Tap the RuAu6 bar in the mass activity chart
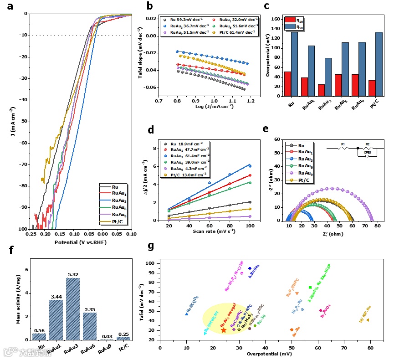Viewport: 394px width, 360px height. (x=90, y=326)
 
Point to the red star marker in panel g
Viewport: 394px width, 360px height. (x=224, y=330)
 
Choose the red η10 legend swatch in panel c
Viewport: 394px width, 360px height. (x=289, y=20)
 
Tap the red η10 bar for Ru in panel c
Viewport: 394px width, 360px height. (x=287, y=84)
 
